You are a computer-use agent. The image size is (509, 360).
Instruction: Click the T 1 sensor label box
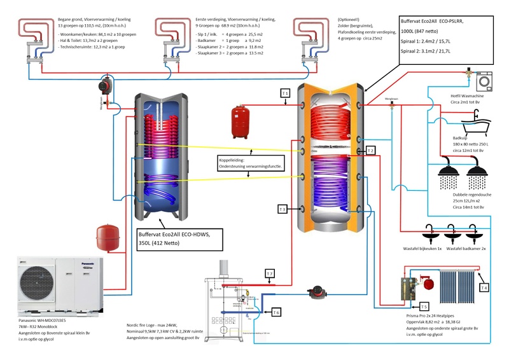pos(286,93)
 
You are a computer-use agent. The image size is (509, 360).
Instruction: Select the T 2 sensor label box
pos(370,151)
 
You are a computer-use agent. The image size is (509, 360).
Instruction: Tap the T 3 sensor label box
pos(283,209)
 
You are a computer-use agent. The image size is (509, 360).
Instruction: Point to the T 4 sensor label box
pos(484,288)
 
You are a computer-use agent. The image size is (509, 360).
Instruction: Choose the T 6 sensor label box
pos(275,312)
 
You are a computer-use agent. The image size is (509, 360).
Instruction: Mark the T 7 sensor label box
pos(270,274)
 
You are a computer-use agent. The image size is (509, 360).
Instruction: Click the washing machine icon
pos(485,81)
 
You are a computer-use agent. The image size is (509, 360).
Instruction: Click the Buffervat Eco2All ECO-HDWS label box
pos(179,239)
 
